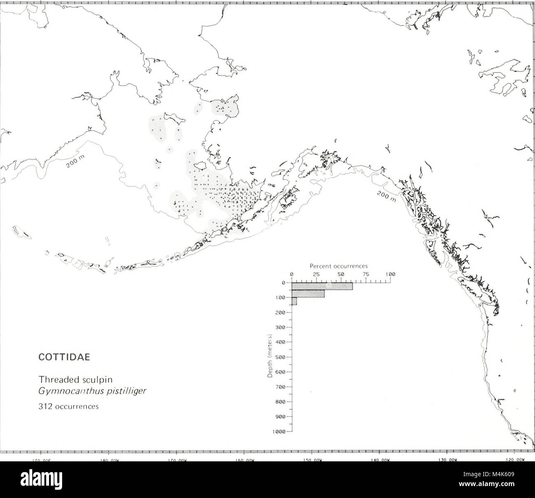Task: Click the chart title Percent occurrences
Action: point(338,266)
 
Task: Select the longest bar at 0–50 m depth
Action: point(322,286)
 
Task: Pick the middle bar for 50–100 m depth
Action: point(308,294)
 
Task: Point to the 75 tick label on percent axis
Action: point(366,274)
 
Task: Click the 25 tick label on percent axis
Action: point(316,274)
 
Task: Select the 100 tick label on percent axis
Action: point(390,274)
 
